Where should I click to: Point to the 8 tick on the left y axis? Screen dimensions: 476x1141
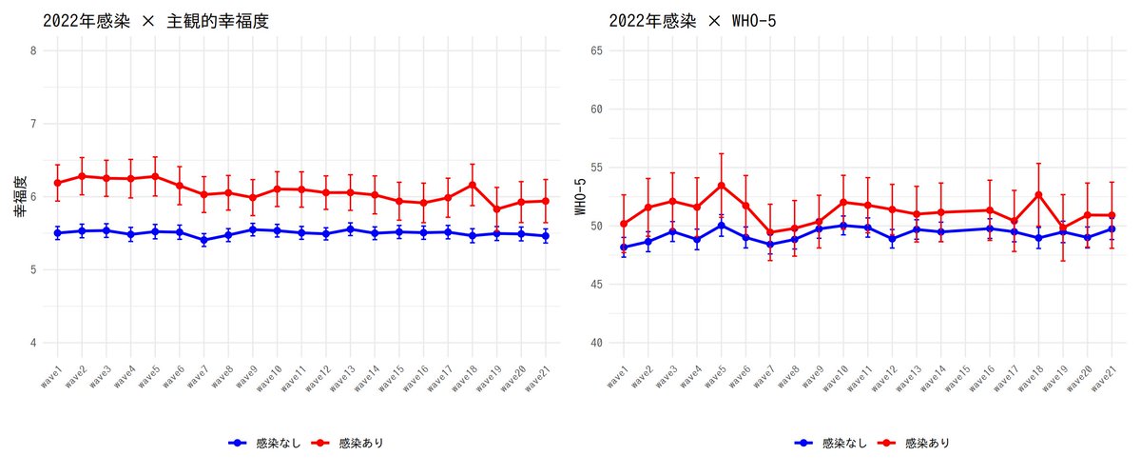point(34,50)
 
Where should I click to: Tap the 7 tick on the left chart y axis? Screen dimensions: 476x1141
point(34,124)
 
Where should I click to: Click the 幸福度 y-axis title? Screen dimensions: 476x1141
point(18,197)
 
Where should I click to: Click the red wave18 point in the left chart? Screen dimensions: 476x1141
point(472,185)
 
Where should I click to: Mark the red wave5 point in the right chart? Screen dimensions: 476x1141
point(722,185)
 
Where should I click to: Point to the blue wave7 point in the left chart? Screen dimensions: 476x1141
point(203,241)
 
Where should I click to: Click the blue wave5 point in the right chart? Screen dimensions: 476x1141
point(722,226)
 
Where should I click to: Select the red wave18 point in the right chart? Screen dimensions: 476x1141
point(1039,194)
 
